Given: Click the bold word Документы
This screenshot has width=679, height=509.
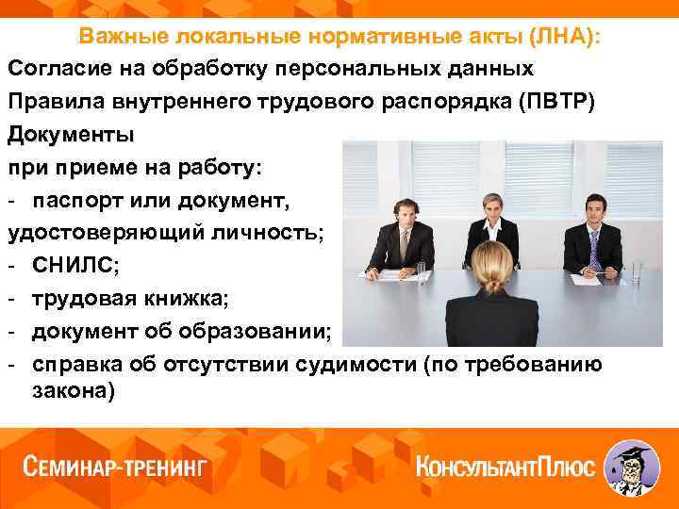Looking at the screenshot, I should pos(71,133).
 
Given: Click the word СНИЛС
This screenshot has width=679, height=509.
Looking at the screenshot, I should pos(73,267).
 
